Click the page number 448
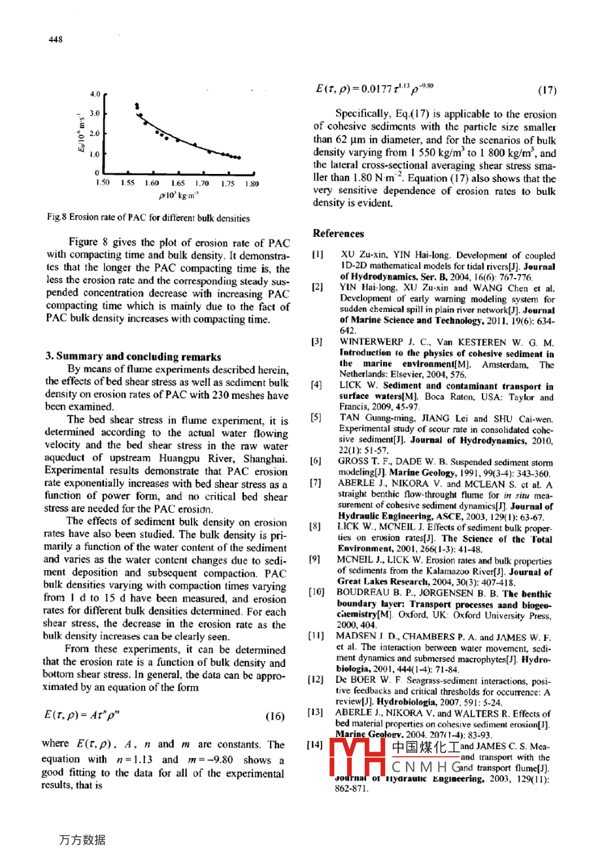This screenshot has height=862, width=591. tap(56, 39)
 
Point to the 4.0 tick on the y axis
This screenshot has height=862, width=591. tap(95, 93)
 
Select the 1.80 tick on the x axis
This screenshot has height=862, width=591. tap(251, 184)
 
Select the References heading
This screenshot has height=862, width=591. tap(338, 233)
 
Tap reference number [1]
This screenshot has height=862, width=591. tap(317, 255)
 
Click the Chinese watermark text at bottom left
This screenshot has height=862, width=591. tap(82, 840)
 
